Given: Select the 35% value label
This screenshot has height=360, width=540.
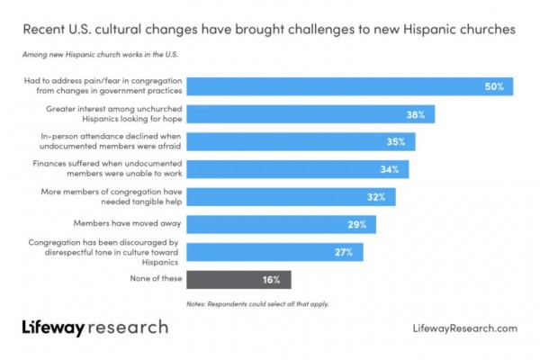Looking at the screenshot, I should (x=397, y=142).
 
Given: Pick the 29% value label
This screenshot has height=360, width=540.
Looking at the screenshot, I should (x=358, y=224).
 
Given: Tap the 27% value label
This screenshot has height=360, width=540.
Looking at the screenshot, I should (x=345, y=252).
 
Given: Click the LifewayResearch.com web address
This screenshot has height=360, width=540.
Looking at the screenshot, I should (x=463, y=328).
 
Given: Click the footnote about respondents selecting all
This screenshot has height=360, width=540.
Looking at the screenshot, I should (x=257, y=304).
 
